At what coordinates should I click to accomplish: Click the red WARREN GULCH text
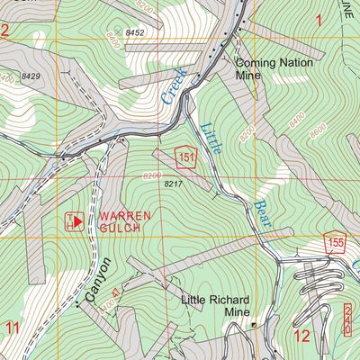tap(119, 222)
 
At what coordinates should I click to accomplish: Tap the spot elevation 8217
tap(174, 184)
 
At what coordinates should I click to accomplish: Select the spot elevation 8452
tap(135, 32)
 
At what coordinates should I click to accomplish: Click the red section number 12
tap(301, 336)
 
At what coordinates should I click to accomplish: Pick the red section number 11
tap(13, 327)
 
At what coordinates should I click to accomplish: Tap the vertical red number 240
tap(347, 320)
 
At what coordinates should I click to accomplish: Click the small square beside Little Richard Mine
tap(254, 324)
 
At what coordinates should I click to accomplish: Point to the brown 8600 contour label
tap(317, 129)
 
